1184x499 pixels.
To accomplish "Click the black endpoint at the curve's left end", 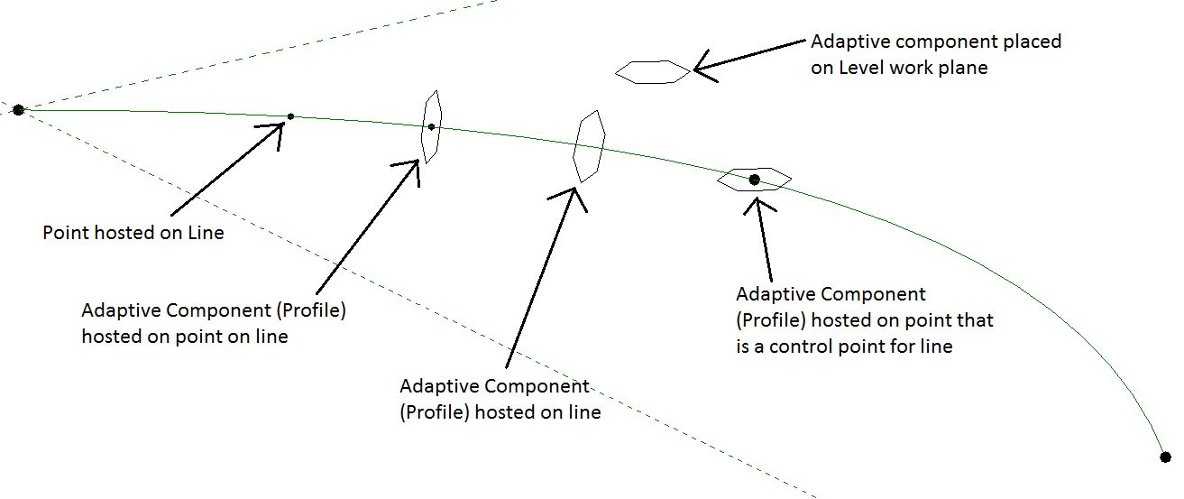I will pos(18,110).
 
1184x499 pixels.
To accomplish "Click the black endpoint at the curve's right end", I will pos(1164,457).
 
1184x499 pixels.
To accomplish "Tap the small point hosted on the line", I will pos(290,116).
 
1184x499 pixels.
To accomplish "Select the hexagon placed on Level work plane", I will pos(652,72).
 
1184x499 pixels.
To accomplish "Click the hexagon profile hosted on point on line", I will pos(432,127).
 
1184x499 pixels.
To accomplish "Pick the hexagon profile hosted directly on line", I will pos(589,146).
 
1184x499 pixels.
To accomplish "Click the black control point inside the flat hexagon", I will pos(755,180).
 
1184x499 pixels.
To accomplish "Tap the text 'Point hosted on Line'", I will pos(133,233).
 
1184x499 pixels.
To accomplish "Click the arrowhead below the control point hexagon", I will pos(757,200).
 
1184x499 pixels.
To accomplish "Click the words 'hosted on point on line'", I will pos(185,337).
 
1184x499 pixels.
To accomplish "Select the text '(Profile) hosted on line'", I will pos(500,412).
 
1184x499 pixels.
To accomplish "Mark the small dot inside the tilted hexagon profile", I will pos(432,126).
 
